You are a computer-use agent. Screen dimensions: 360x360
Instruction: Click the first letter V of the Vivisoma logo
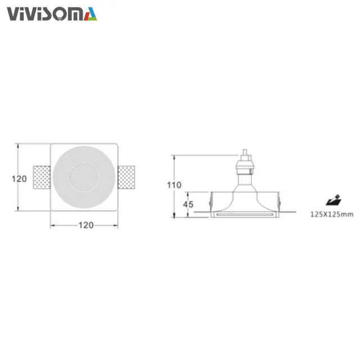pos(13,14)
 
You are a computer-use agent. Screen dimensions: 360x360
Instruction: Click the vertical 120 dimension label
pos(19,179)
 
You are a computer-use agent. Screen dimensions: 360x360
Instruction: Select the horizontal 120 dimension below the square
pos(85,225)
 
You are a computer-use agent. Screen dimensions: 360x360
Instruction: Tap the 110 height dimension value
pos(174,185)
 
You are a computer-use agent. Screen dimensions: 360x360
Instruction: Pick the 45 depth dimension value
pos(188,204)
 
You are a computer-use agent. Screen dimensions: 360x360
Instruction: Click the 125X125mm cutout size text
pos(332,214)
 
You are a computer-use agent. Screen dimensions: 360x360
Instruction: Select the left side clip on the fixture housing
pos(210,200)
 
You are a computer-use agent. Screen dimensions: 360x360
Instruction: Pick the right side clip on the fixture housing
pos(278,200)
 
